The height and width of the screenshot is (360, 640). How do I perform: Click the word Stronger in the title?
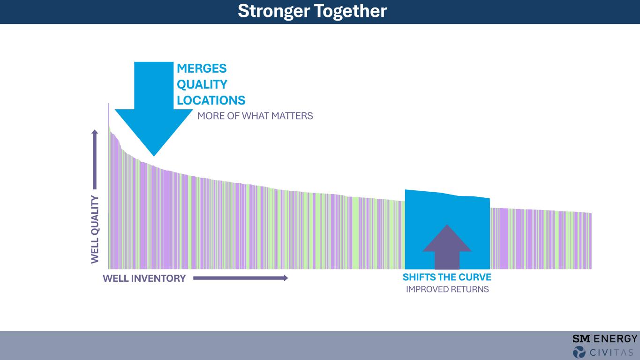click(274, 11)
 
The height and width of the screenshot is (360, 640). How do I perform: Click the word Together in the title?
click(351, 11)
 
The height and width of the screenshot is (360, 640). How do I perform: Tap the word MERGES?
click(202, 68)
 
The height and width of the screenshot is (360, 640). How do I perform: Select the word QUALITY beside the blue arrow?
click(202, 84)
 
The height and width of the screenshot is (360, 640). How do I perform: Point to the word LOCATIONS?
click(211, 100)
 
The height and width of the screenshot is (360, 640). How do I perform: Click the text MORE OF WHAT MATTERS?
click(255, 116)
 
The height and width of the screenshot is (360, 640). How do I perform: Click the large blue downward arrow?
click(154, 109)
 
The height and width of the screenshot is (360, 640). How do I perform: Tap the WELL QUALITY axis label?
click(95, 229)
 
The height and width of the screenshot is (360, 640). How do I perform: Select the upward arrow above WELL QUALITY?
click(95, 159)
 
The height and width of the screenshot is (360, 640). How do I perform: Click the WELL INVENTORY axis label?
click(144, 278)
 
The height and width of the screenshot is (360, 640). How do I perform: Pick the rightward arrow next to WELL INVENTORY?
click(241, 278)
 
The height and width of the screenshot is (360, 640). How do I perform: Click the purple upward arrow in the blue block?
click(447, 247)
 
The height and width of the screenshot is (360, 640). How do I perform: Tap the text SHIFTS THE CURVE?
click(447, 277)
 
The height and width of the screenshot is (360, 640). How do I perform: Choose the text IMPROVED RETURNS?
click(447, 289)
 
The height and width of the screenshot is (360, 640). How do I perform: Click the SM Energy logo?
click(605, 338)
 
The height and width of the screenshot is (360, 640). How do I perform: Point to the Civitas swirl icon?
click(579, 352)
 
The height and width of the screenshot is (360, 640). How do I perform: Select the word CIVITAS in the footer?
click(611, 352)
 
